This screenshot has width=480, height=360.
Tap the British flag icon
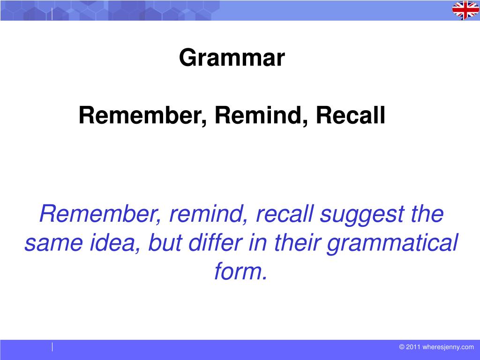click(x=465, y=10)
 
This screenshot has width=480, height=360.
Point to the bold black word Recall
click(x=350, y=116)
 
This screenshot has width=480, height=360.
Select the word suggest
click(x=360, y=215)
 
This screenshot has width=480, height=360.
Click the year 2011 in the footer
click(x=413, y=347)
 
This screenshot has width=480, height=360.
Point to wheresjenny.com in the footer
click(x=448, y=347)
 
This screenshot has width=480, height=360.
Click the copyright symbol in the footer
click(x=402, y=347)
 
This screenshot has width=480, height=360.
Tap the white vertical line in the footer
click(x=52, y=347)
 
